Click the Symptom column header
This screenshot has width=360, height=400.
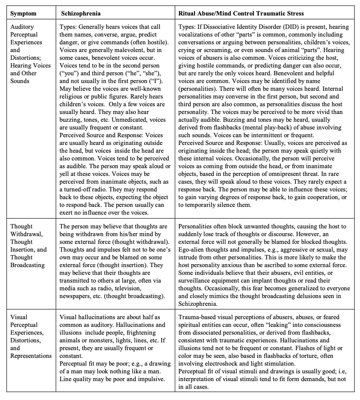point(24,13)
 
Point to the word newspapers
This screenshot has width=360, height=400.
point(79,297)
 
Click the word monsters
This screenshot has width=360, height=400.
point(105,332)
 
